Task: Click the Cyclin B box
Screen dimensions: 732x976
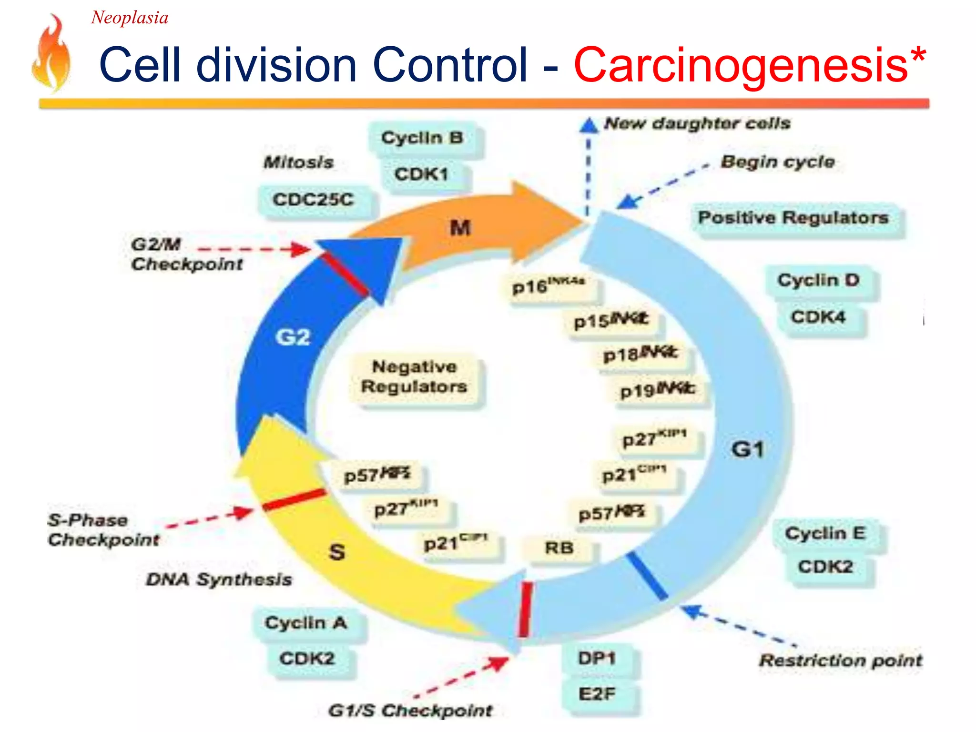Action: [423, 138]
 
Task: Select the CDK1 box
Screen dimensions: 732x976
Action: [422, 174]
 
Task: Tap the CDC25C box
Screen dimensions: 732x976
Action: [314, 200]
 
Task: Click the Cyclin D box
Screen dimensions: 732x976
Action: [819, 280]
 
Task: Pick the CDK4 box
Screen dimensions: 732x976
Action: [819, 317]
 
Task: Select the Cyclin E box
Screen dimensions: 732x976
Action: [826, 533]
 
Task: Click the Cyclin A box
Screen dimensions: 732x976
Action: [306, 623]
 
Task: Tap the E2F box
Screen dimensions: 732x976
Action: [597, 694]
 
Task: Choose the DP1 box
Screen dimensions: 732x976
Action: [597, 659]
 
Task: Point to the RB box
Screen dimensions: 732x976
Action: [559, 548]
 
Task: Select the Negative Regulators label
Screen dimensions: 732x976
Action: [415, 376]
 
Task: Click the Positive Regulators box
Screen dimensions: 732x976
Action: [793, 218]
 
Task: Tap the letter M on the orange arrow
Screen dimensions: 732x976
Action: [460, 228]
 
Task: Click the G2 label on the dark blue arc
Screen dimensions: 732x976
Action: [293, 337]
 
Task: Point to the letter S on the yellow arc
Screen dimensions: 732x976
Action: [337, 552]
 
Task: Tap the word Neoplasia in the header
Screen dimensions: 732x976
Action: [130, 18]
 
